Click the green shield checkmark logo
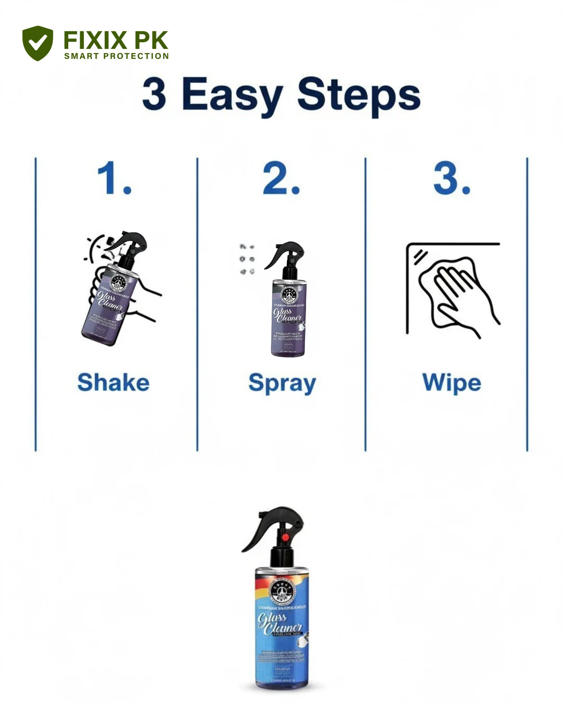pyautogui.click(x=38, y=43)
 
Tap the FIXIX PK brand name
pyautogui.click(x=115, y=40)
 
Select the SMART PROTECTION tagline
pyautogui.click(x=116, y=56)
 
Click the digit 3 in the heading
pyautogui.click(x=154, y=94)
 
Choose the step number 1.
pyautogui.click(x=114, y=178)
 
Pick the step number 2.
pyautogui.click(x=281, y=178)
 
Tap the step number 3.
pyautogui.click(x=451, y=178)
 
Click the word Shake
pyautogui.click(x=113, y=382)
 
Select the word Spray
pyautogui.click(x=282, y=384)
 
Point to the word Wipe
pyautogui.click(x=451, y=383)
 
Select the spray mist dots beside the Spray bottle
pyautogui.click(x=247, y=259)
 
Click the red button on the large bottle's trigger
pyautogui.click(x=285, y=536)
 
